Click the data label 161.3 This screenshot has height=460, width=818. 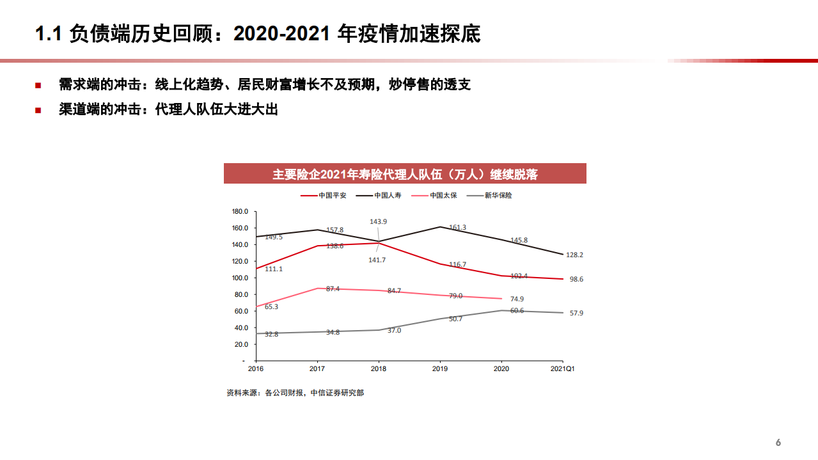[457, 227]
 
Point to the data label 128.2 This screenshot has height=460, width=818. [574, 255]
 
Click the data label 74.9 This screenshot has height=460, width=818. [517, 299]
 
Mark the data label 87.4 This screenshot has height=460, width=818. [333, 289]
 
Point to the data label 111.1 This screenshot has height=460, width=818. [273, 269]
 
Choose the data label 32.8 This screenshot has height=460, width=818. [272, 334]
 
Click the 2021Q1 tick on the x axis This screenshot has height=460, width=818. [563, 369]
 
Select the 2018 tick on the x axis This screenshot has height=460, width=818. [379, 369]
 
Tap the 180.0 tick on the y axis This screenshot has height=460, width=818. [240, 211]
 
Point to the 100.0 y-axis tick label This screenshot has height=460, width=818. [240, 278]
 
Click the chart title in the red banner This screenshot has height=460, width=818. [405, 174]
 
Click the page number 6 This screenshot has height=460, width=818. [778, 443]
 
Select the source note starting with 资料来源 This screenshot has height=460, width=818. [295, 393]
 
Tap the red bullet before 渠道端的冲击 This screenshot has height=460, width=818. [38, 110]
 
